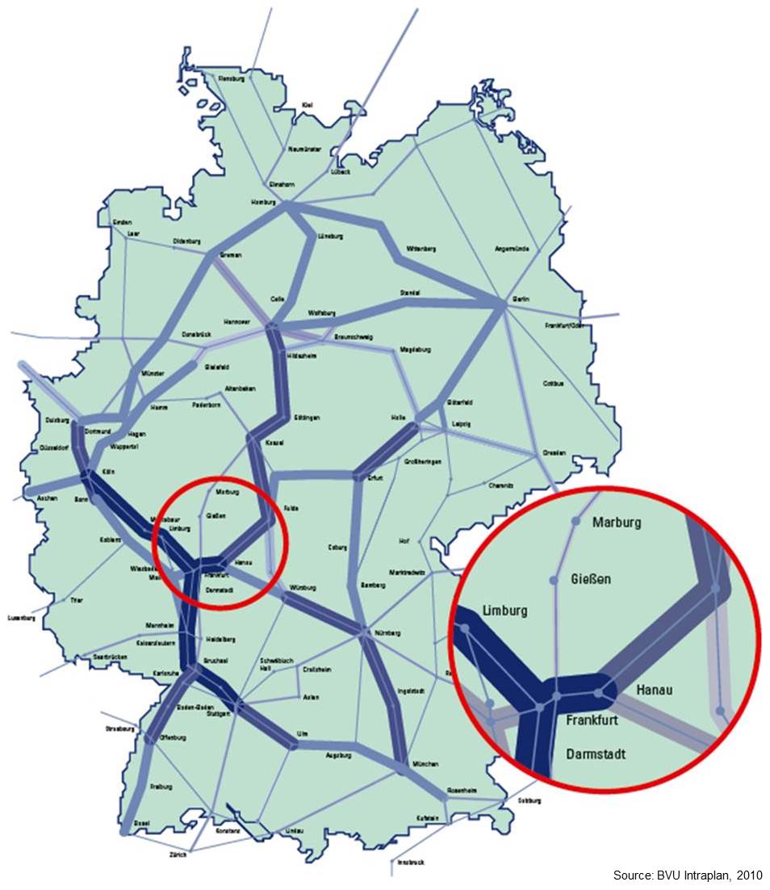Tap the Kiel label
[x=307, y=105]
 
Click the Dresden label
[x=554, y=452]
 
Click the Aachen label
[x=47, y=498]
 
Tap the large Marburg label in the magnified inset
[x=617, y=523]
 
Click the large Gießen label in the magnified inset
[x=591, y=579]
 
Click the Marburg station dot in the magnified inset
[x=575, y=522]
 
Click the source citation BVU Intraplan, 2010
[x=688, y=875]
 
